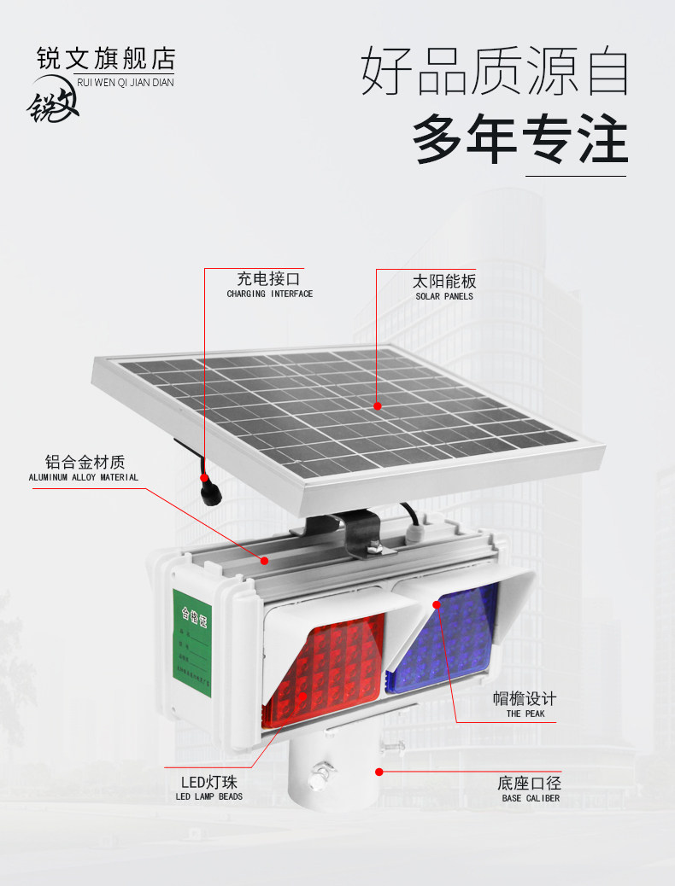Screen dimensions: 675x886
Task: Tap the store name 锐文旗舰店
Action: pyautogui.click(x=106, y=59)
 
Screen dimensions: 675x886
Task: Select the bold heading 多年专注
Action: pyautogui.click(x=520, y=139)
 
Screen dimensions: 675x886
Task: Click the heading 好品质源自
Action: pyautogui.click(x=495, y=72)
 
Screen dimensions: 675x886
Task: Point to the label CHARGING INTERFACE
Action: pyautogui.click(x=269, y=294)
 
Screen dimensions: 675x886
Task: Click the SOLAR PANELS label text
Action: pyautogui.click(x=444, y=296)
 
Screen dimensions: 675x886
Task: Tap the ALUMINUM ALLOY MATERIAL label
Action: pyautogui.click(x=83, y=477)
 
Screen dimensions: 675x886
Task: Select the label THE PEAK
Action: pyautogui.click(x=525, y=714)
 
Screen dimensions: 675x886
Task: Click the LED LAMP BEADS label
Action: pyautogui.click(x=208, y=796)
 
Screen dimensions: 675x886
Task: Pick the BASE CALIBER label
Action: pyautogui.click(x=531, y=798)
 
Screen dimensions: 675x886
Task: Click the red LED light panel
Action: pyautogui.click(x=320, y=674)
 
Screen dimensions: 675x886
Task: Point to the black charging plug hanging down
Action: pyautogui.click(x=208, y=493)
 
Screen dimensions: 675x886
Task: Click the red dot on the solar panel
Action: pyautogui.click(x=378, y=406)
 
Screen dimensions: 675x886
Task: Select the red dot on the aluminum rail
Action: pyautogui.click(x=265, y=561)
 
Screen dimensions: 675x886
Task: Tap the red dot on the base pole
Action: pyautogui.click(x=378, y=771)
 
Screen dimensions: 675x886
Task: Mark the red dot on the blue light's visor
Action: pyautogui.click(x=437, y=604)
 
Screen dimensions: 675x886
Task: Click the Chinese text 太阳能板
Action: pyautogui.click(x=443, y=281)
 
